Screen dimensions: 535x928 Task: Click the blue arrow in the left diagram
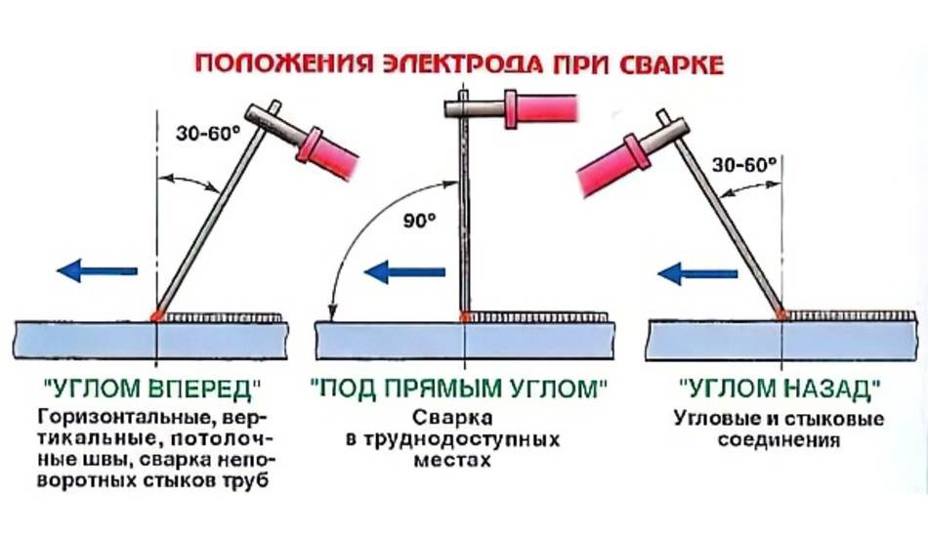click(97, 269)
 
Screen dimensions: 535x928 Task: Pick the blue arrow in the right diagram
click(695, 273)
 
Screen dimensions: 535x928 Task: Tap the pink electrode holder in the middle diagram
click(540, 105)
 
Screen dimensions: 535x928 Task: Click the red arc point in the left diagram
click(155, 315)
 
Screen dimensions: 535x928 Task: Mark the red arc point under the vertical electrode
click(466, 315)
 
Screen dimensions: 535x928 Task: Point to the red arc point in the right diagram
click(781, 314)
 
